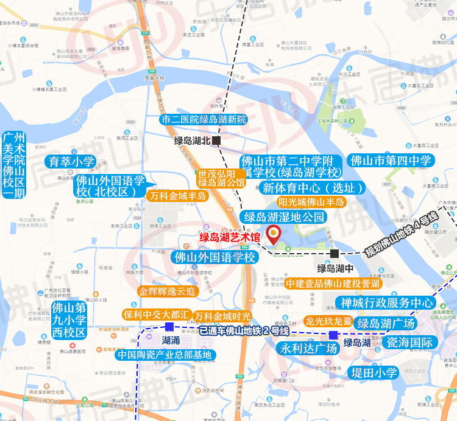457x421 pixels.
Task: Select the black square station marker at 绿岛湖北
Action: (217, 141)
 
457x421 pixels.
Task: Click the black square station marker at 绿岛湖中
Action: (335, 253)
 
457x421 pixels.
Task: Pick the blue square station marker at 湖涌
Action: (161, 327)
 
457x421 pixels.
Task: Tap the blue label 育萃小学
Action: (72, 162)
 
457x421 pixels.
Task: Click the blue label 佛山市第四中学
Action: (391, 161)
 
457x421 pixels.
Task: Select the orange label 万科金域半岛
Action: (177, 196)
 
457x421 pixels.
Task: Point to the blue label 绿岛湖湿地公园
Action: (284, 217)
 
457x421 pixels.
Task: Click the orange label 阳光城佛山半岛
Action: (311, 202)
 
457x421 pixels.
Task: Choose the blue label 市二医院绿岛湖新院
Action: (204, 119)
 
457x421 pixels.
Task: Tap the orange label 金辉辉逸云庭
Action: (168, 291)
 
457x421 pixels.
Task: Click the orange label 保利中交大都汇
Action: (157, 315)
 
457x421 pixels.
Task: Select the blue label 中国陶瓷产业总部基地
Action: (165, 355)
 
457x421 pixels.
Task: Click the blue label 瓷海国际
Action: (409, 342)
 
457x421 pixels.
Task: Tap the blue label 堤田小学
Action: (373, 372)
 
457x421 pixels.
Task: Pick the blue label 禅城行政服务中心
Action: (384, 302)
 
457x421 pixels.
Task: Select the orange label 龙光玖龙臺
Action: (328, 321)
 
